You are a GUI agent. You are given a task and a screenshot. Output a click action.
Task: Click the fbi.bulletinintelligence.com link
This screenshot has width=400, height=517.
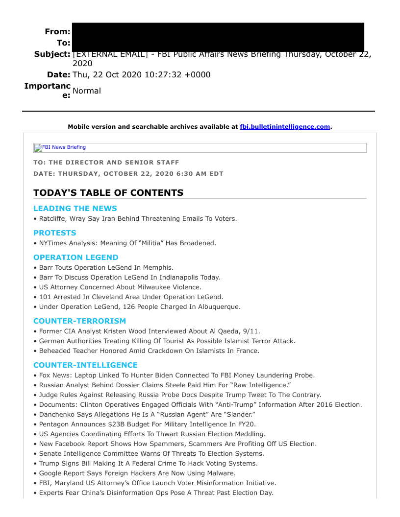[x=285, y=127]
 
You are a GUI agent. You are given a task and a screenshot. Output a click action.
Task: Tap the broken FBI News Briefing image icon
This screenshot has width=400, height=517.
[x=38, y=148]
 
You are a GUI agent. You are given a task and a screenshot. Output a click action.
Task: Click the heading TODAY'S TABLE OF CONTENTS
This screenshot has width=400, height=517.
[x=108, y=193]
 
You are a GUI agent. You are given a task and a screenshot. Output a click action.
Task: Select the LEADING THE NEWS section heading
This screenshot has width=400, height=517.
[x=75, y=209]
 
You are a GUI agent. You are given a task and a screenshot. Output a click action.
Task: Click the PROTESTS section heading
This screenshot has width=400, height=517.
[x=55, y=233]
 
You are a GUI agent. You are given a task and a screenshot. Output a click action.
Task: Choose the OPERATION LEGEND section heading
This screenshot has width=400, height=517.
[x=76, y=258]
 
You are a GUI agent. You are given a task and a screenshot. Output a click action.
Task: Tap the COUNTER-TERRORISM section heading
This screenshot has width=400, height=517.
[x=79, y=321]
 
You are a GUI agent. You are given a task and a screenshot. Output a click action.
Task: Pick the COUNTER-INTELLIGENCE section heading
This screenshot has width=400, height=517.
[x=85, y=365]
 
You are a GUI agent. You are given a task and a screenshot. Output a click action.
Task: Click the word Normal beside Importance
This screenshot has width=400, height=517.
[x=87, y=91]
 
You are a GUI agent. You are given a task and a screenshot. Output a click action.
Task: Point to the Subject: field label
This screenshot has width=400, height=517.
[x=52, y=54]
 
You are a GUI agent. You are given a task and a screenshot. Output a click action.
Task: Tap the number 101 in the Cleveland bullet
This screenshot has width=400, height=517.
[x=46, y=297]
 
